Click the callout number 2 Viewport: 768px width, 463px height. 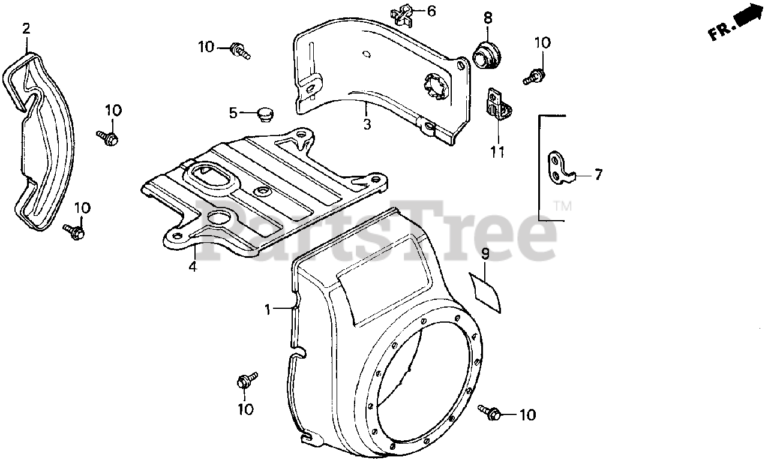26,28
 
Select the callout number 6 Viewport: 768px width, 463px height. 431,11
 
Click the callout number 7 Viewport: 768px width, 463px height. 598,175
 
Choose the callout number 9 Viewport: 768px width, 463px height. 485,254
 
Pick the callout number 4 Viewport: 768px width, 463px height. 192,267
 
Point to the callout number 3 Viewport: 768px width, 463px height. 367,124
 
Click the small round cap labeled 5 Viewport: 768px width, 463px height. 263,112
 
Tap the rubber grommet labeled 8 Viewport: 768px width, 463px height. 485,55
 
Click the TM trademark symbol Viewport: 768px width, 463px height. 562,206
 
